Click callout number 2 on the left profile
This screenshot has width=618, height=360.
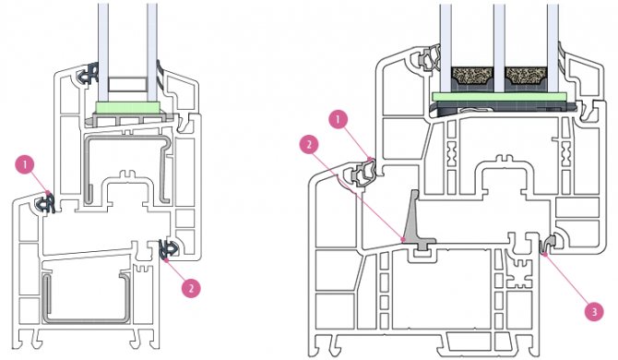(190, 287)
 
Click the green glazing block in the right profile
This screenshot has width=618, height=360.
(499, 96)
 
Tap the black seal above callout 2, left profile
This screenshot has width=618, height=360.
(168, 247)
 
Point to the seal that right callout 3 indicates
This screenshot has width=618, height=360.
(550, 246)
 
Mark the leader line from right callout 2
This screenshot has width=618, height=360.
(360, 194)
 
